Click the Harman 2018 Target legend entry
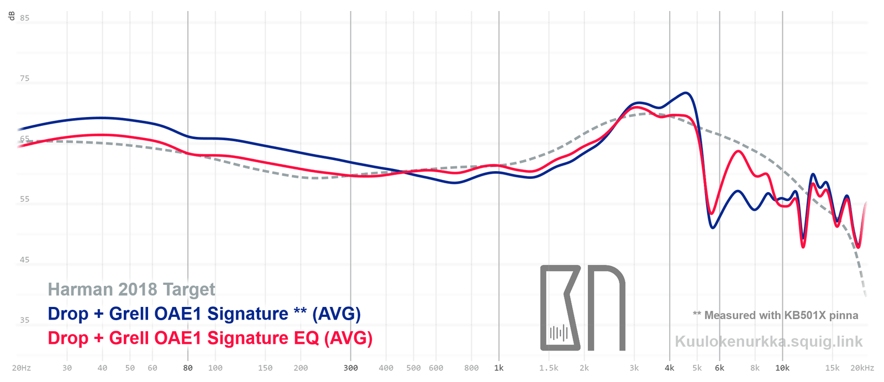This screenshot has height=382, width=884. point(131,289)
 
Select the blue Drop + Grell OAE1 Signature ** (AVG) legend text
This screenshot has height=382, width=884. point(204,314)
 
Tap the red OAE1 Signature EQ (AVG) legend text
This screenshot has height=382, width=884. point(210,338)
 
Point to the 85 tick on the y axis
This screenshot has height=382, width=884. point(25,18)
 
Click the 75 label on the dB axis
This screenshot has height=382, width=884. point(25,78)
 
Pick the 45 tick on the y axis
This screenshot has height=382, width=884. point(25,259)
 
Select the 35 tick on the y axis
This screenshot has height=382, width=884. point(25,320)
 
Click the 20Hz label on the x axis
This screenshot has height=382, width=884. point(22,368)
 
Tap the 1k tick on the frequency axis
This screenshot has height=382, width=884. point(499,368)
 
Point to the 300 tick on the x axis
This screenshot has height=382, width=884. point(351,368)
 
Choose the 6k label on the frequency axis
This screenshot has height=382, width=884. point(719,368)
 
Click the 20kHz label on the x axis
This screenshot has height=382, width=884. point(862,368)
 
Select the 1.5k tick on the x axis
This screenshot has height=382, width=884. point(549,368)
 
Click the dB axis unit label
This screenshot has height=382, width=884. point(12,16)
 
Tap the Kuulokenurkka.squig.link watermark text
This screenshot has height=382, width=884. point(769,342)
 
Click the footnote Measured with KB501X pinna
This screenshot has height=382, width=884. point(776,315)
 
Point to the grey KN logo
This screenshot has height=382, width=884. point(582,308)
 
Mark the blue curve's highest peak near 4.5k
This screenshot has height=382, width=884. point(686,93)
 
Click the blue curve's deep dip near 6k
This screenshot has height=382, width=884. point(713,227)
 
